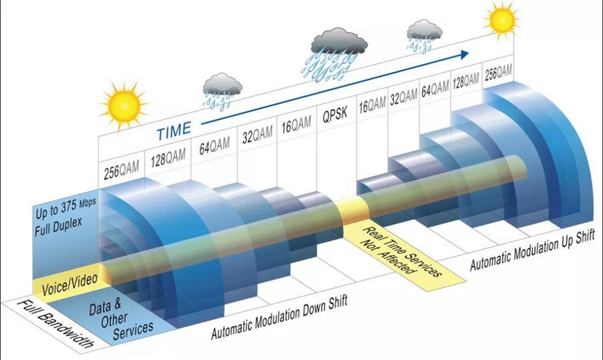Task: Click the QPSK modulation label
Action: [x=335, y=117]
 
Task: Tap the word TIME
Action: [x=173, y=133]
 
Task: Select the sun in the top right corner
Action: [x=500, y=20]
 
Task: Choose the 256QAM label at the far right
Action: [x=498, y=72]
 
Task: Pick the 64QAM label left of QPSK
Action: [x=214, y=145]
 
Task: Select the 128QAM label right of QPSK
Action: [x=464, y=82]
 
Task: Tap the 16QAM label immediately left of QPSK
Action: [x=296, y=126]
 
